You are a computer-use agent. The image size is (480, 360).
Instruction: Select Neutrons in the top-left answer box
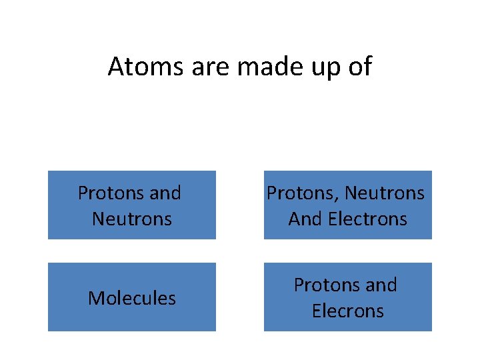coord(132,219)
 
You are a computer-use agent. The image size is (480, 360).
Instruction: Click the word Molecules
coord(132,298)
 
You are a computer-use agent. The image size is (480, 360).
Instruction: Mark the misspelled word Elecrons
coord(348,311)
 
